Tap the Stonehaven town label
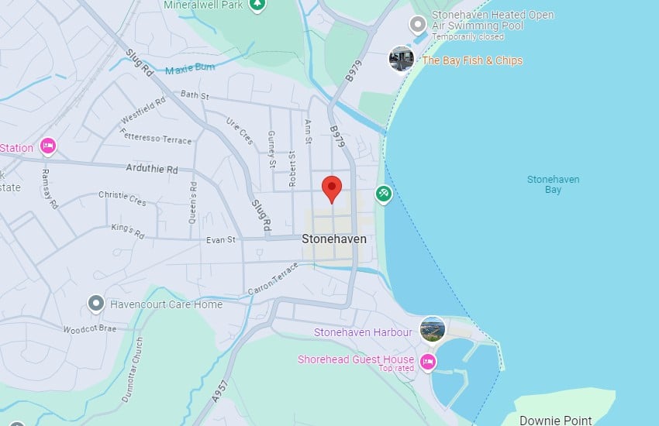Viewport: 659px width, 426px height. (x=334, y=239)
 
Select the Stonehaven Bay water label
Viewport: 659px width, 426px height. (x=553, y=184)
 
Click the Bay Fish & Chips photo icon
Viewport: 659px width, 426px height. (x=402, y=59)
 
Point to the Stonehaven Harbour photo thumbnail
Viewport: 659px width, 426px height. (x=433, y=329)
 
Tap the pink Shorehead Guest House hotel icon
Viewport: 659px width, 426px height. (x=427, y=362)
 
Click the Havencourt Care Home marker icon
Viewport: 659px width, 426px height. (x=96, y=304)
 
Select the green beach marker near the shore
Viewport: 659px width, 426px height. (x=383, y=193)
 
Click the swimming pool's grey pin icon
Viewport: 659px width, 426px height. (x=419, y=25)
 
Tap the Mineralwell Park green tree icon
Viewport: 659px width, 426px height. (x=258, y=5)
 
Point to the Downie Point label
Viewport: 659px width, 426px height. (x=555, y=421)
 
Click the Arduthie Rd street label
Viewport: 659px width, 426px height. (x=152, y=170)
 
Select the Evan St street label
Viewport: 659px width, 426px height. (x=221, y=240)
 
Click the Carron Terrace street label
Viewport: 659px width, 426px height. (x=272, y=278)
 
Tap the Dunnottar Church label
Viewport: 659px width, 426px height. (x=133, y=369)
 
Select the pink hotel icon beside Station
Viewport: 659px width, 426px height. (x=48, y=146)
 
